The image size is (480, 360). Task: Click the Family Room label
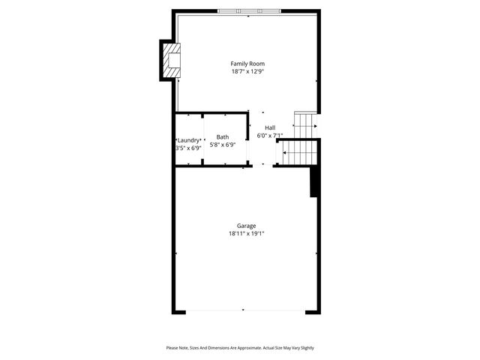coord(247,64)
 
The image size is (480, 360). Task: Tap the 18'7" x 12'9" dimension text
coord(247,72)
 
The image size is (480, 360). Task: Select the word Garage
coord(247,226)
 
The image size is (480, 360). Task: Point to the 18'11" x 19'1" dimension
coord(247,234)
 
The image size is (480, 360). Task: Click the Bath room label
coord(223,137)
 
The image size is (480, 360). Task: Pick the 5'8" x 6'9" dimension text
coord(223,145)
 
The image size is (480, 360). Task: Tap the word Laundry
coord(188,140)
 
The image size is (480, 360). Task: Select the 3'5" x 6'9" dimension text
coord(188,148)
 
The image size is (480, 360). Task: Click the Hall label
coord(270,128)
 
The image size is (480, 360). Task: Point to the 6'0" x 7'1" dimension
coord(270,136)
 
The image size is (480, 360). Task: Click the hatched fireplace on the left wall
coord(172,61)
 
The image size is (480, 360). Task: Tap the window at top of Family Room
coord(250,11)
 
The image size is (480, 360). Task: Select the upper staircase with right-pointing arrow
coord(305,125)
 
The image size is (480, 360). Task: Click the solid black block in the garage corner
coord(315,181)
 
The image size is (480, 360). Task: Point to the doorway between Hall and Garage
coord(262,166)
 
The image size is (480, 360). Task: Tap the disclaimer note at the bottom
coord(240,348)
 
